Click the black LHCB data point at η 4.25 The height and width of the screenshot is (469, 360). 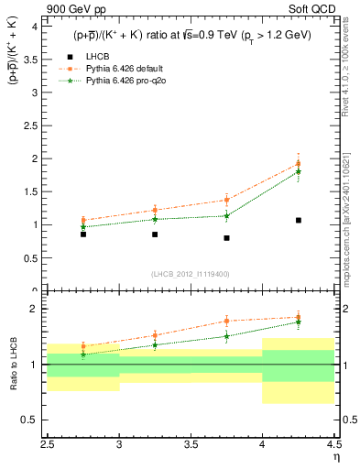299,220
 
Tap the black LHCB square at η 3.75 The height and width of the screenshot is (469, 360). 226,238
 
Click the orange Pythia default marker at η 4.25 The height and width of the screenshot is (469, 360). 299,164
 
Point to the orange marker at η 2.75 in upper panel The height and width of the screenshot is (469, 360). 83,220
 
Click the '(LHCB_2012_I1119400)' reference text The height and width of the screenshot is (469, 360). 192,274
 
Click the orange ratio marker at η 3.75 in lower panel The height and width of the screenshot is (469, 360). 226,321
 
